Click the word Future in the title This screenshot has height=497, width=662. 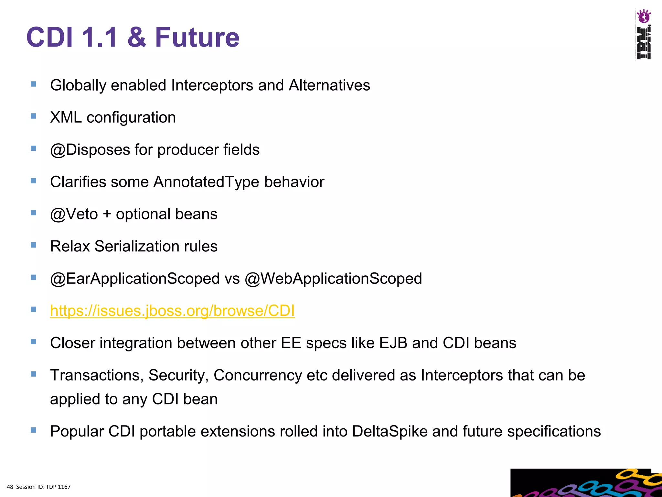197,38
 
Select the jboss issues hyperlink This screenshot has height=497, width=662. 172,311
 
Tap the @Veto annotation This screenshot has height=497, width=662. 74,214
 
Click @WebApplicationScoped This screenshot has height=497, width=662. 333,279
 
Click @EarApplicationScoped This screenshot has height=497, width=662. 135,279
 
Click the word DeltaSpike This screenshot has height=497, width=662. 390,431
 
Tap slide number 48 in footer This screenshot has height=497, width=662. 10,487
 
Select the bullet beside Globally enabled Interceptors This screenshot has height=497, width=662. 33,84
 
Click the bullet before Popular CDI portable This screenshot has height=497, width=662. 33,430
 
